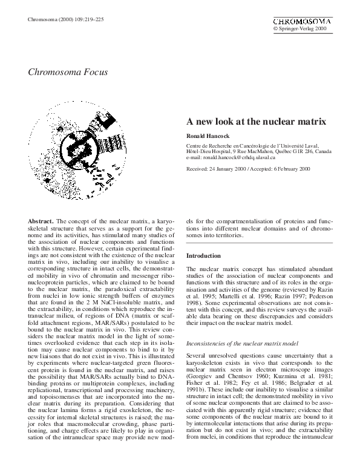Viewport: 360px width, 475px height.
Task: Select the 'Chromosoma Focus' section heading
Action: pyautogui.click(x=68, y=72)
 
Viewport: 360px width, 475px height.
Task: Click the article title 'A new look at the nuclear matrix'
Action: pyautogui.click(x=256, y=121)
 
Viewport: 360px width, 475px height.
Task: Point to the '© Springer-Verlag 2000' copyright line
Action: pyautogui.click(x=300, y=28)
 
